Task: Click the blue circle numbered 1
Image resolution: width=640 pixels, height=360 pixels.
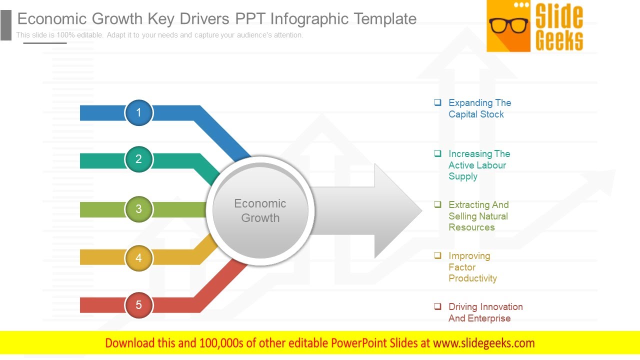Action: tap(139, 112)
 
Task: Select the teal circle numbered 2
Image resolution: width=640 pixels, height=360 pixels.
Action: tap(139, 159)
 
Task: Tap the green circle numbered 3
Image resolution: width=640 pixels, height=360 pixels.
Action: tap(139, 209)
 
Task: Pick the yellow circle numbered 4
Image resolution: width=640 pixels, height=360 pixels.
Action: tap(139, 258)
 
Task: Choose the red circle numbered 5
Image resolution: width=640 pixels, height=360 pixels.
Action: tap(139, 305)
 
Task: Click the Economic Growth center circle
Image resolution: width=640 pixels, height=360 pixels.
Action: tap(260, 210)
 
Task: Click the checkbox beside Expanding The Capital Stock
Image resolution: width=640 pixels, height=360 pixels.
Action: tap(437, 102)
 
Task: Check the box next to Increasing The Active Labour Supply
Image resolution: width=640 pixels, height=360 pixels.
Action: tap(437, 153)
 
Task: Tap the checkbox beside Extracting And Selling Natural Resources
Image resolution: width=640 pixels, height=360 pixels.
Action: tap(437, 204)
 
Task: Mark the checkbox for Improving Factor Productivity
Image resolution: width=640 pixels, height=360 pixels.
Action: tap(437, 255)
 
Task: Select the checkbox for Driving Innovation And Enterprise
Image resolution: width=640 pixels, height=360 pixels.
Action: tap(437, 306)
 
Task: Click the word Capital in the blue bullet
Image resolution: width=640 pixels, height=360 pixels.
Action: tap(464, 114)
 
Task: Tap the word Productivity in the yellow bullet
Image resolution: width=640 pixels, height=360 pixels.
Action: tap(472, 278)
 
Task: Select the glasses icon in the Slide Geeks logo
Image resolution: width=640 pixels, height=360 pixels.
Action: tap(508, 25)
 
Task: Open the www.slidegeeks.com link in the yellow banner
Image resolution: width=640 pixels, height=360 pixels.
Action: tap(483, 343)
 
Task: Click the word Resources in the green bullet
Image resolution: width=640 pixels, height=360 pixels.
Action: tap(471, 227)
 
